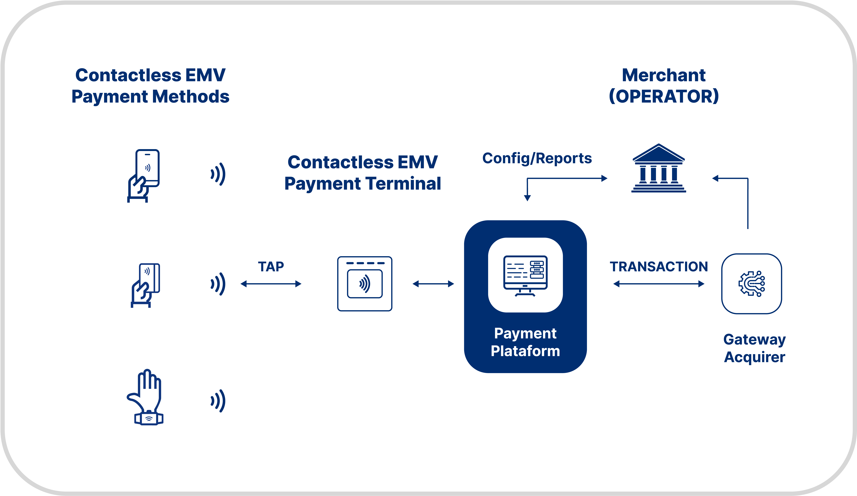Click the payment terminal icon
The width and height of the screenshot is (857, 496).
click(x=365, y=284)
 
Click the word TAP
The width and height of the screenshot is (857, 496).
click(x=271, y=267)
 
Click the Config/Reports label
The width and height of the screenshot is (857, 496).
click(x=537, y=158)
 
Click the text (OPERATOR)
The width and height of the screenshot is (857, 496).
click(x=663, y=97)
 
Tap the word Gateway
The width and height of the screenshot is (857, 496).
click(x=754, y=340)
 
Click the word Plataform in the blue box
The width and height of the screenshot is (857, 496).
click(x=525, y=351)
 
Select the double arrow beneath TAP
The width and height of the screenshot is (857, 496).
click(x=271, y=284)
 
